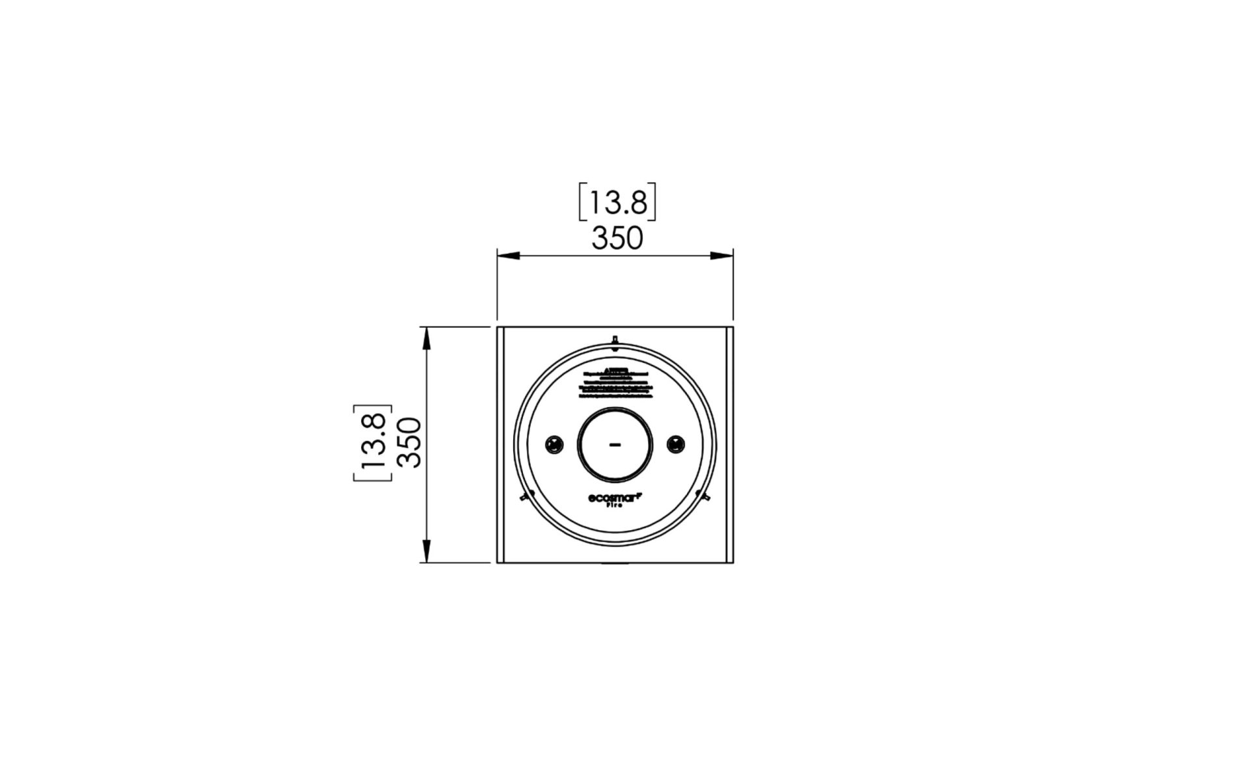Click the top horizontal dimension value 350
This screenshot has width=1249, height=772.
coord(617,239)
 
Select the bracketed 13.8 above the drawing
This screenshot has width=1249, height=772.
coord(617,202)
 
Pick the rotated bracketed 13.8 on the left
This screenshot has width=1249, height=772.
coord(373,443)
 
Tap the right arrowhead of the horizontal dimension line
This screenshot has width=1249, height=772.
coord(721,256)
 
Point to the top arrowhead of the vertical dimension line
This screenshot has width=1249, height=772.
coord(427,338)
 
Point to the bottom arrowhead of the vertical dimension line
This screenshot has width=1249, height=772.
coord(427,551)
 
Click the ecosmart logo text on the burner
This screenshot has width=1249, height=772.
coord(615,498)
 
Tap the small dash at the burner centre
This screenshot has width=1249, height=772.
coord(615,445)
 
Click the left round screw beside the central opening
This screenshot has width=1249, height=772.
coord(554,445)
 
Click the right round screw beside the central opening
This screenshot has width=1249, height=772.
coord(677,445)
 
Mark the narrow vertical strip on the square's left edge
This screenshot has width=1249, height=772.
coord(501,445)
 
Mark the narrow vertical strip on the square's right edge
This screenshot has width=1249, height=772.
coord(729,445)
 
